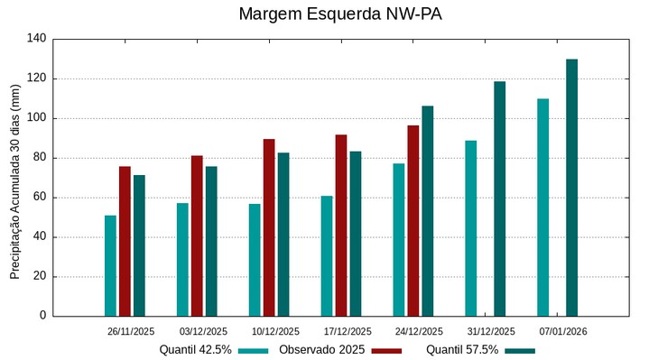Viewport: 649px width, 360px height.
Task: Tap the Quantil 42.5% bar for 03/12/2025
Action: pyautogui.click(x=182, y=260)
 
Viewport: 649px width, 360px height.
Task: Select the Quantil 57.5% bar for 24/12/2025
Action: pyautogui.click(x=428, y=211)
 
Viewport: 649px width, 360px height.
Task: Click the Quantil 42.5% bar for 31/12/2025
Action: pyautogui.click(x=471, y=228)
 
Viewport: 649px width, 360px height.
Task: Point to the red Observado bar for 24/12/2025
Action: pyautogui.click(x=413, y=220)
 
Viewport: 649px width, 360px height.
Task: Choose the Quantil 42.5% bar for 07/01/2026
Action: pyautogui.click(x=543, y=208)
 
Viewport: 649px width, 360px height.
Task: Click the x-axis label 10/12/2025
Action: pyautogui.click(x=275, y=332)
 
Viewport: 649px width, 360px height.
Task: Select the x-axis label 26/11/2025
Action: pyautogui.click(x=131, y=332)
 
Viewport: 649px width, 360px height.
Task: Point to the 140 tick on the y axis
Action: pyautogui.click(x=36, y=39)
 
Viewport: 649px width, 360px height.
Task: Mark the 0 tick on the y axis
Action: pyautogui.click(x=42, y=317)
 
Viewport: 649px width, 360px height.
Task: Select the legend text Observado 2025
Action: pyautogui.click(x=322, y=350)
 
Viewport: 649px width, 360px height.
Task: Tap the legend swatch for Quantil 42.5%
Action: pyautogui.click(x=255, y=351)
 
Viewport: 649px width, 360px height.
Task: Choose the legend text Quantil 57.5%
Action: pyautogui.click(x=461, y=350)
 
